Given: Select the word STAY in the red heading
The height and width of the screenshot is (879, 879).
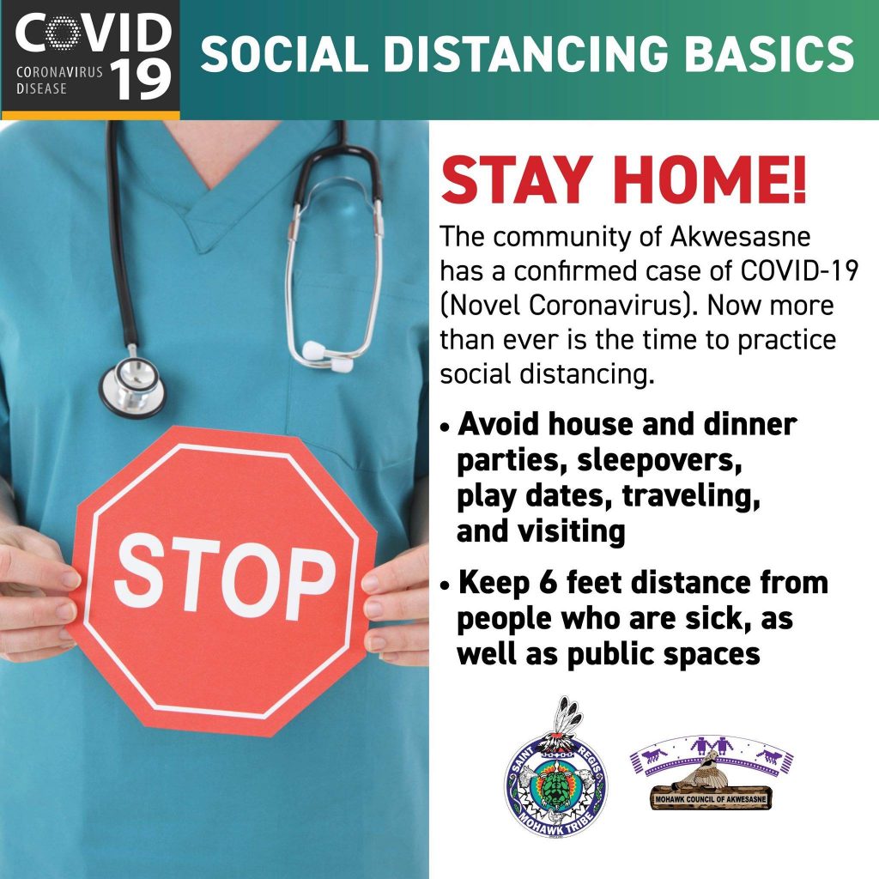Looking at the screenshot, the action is (517, 180).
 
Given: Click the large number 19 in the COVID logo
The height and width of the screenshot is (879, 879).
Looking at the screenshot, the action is (140, 80).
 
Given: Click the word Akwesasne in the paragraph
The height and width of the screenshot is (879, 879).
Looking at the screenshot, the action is (740, 237).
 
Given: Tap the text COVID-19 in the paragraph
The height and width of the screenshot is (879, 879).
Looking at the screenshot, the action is (799, 271).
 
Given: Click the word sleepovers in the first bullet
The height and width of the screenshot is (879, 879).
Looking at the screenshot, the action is (659, 461).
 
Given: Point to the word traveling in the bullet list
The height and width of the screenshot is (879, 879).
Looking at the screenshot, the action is (691, 496).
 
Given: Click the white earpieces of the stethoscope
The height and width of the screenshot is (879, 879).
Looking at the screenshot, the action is (329, 356).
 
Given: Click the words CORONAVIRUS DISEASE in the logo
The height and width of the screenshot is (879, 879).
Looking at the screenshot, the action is (59, 80).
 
